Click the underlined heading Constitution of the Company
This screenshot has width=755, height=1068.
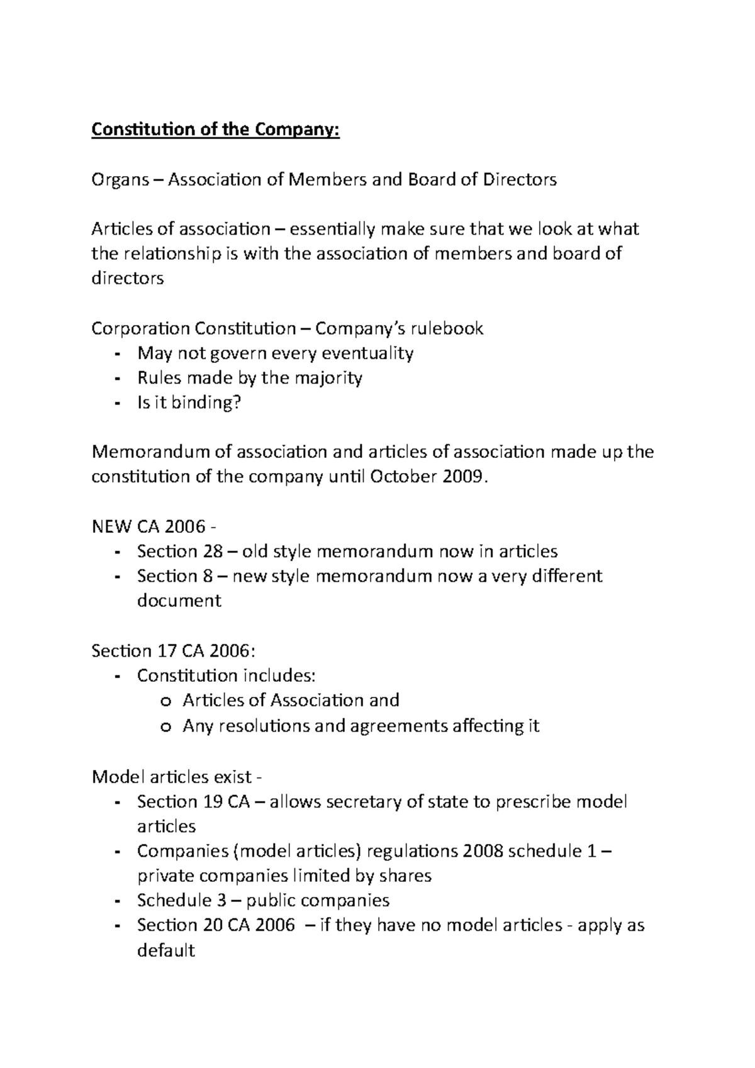(x=215, y=130)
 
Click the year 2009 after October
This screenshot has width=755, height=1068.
(x=464, y=477)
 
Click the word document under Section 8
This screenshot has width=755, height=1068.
(x=179, y=601)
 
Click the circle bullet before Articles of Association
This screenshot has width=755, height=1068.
(x=165, y=701)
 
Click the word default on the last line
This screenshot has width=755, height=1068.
(x=165, y=950)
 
